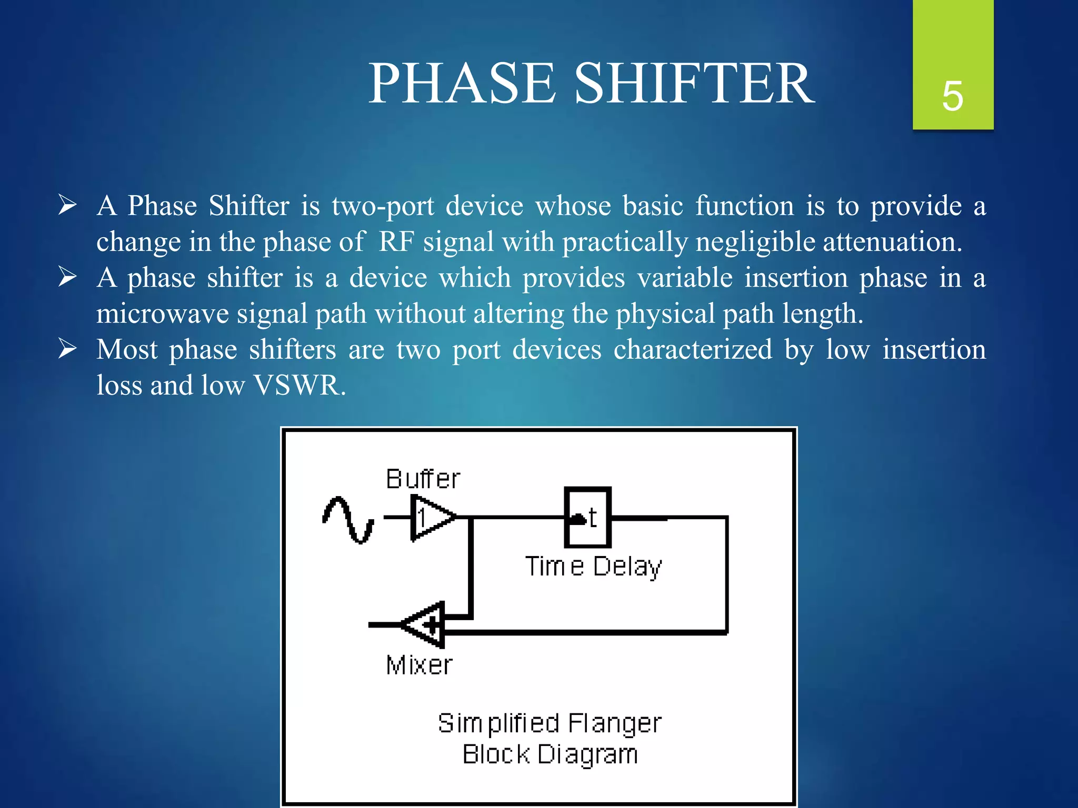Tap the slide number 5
953,96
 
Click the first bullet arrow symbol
68,205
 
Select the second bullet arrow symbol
68,277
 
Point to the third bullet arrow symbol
68,349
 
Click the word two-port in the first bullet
383,205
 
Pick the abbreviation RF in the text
396,242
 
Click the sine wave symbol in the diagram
348,520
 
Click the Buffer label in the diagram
423,479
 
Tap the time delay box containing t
588,518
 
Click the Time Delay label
593,567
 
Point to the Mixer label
419,665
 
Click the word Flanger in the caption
614,723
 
